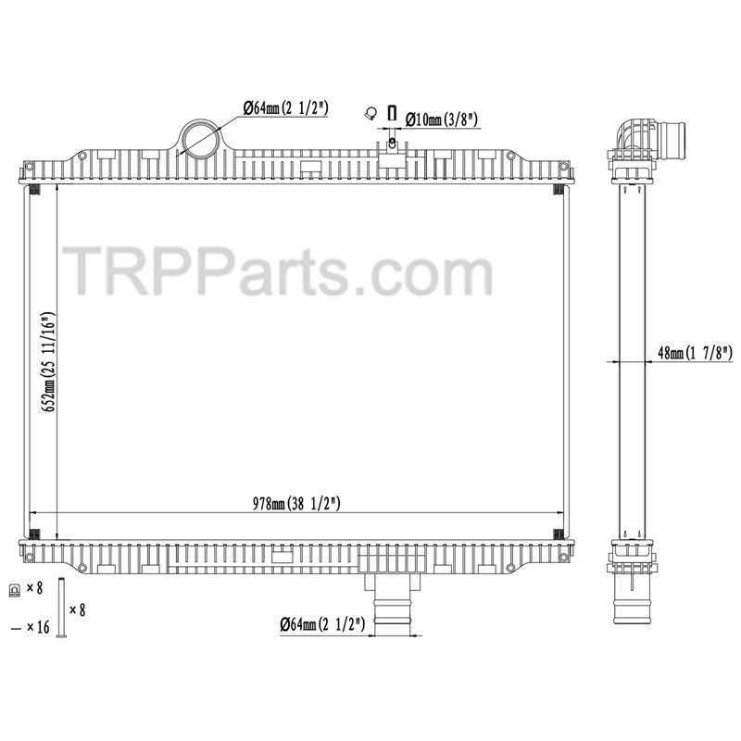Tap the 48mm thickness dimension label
click(695, 353)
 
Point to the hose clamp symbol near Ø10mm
click(370, 114)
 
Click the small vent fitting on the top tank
click(393, 146)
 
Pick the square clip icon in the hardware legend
click(14, 589)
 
